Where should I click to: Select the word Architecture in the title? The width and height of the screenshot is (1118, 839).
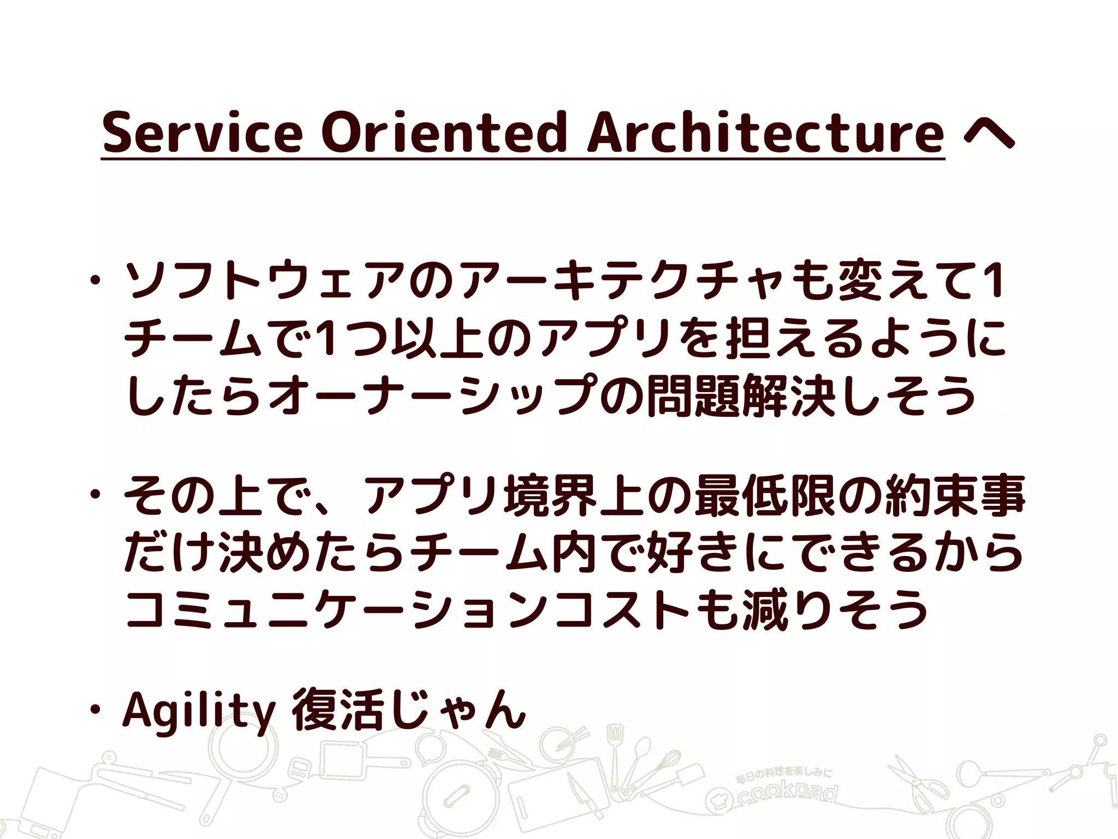tap(765, 133)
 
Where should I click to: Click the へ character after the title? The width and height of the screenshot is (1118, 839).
tap(989, 135)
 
